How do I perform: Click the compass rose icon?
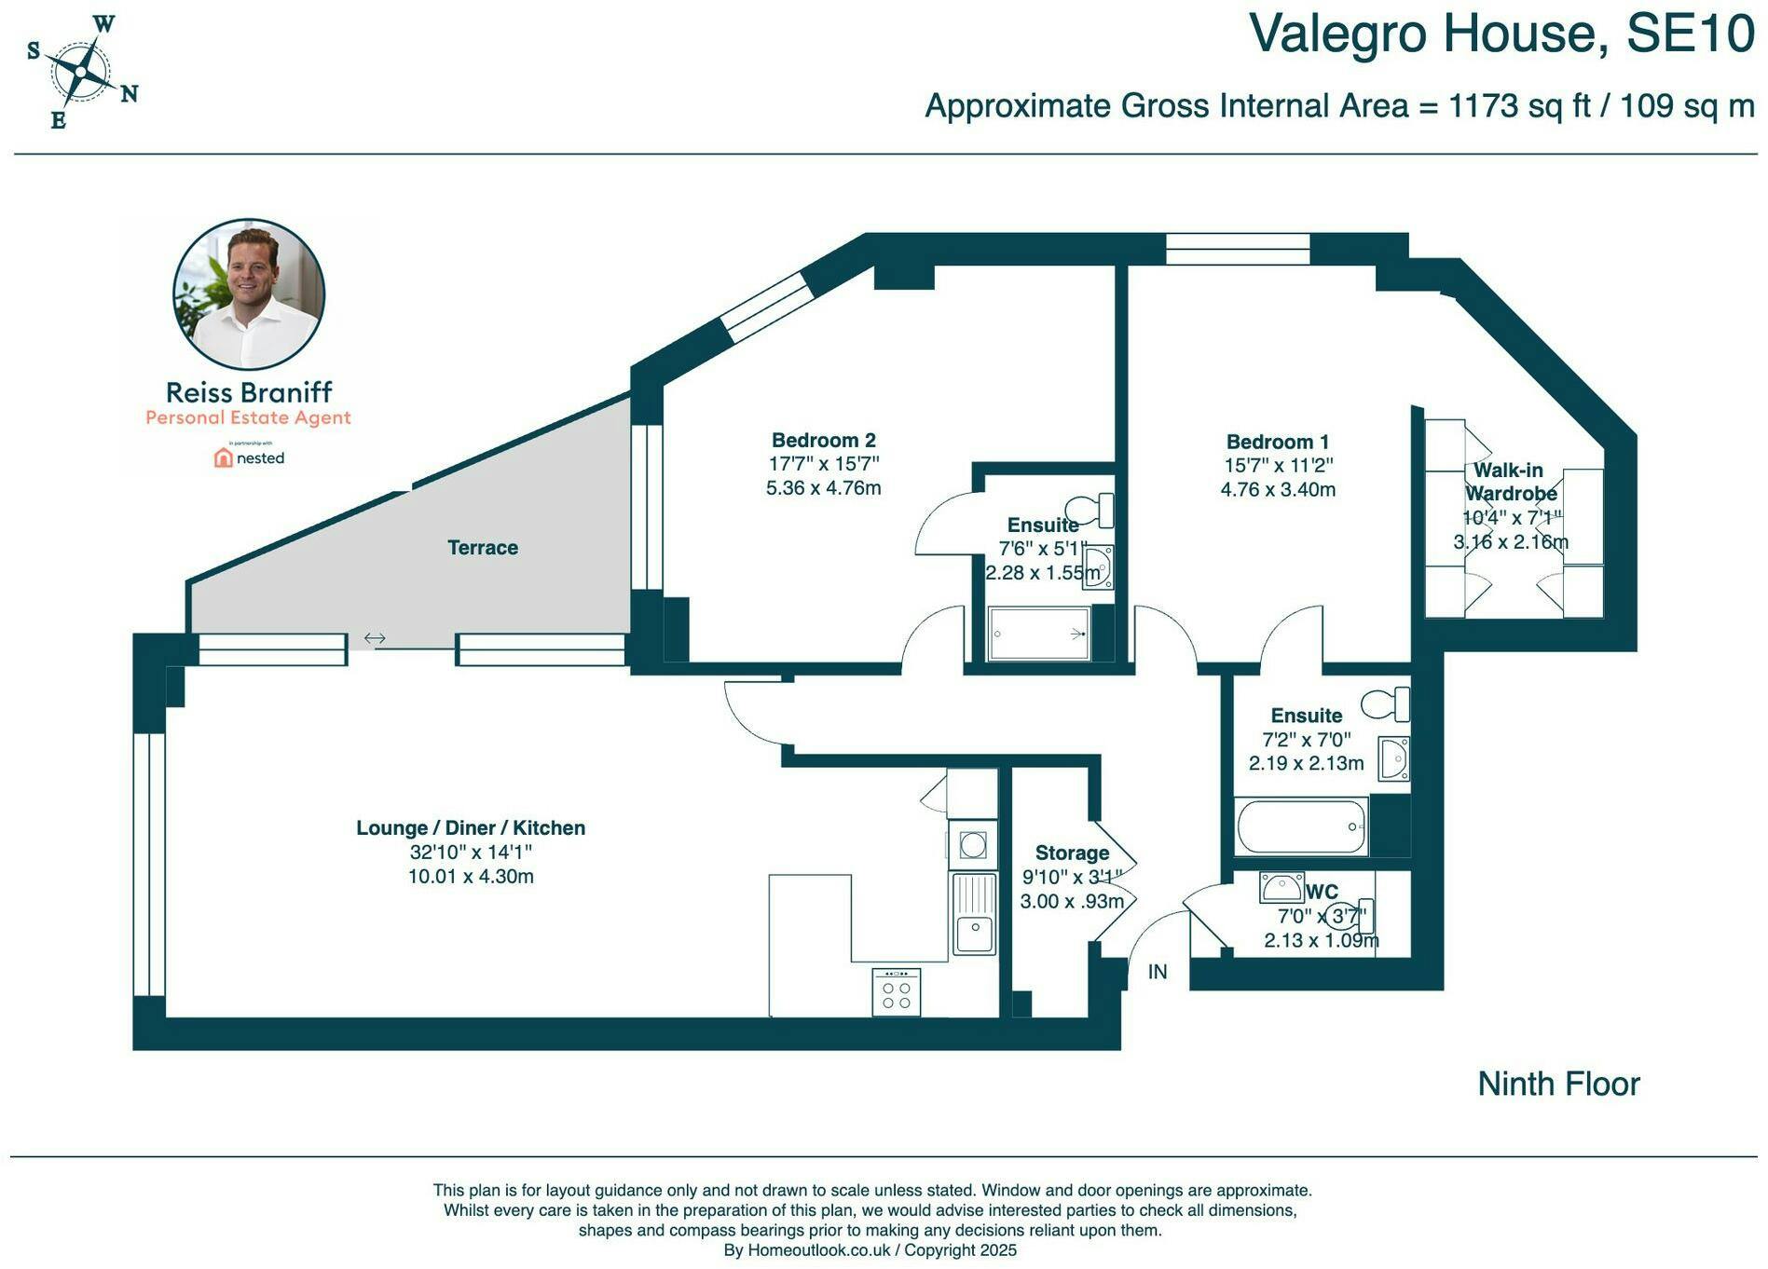pyautogui.click(x=82, y=72)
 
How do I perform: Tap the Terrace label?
pyautogui.click(x=483, y=548)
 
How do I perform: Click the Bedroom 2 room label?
pyautogui.click(x=824, y=440)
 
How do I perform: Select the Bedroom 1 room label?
pyautogui.click(x=1278, y=442)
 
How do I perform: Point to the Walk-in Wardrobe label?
pyautogui.click(x=1510, y=482)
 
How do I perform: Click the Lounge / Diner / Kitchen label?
pyautogui.click(x=471, y=827)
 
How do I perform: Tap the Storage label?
pyautogui.click(x=1073, y=853)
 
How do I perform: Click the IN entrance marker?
pyautogui.click(x=1158, y=972)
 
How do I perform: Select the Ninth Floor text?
pyautogui.click(x=1558, y=1084)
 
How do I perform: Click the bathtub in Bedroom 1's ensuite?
pyautogui.click(x=1301, y=826)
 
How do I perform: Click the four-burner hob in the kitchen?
pyautogui.click(x=897, y=992)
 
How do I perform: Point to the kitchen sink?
pyautogui.click(x=974, y=913)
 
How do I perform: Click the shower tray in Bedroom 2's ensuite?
pyautogui.click(x=1039, y=634)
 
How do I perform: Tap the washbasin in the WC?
pyautogui.click(x=1282, y=887)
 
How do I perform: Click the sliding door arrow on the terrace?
pyautogui.click(x=375, y=638)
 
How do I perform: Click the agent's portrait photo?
pyautogui.click(x=249, y=294)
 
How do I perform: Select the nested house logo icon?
pyautogui.click(x=223, y=457)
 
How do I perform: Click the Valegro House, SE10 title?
pyautogui.click(x=1501, y=34)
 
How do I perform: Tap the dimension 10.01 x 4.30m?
pyautogui.click(x=471, y=876)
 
